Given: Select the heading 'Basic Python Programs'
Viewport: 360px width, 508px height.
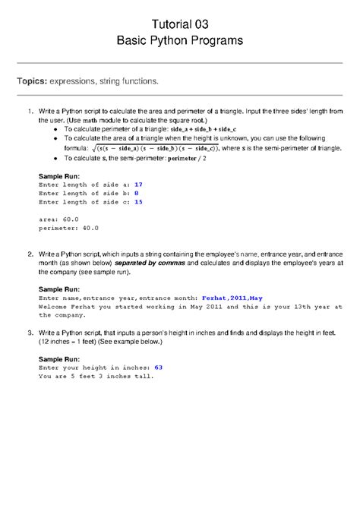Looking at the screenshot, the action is coord(180,40).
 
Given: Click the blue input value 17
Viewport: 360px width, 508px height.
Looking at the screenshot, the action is coord(138,185).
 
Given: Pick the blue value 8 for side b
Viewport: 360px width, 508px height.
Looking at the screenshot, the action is coord(136,194).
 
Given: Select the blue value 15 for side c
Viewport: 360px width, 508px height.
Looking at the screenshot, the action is coord(138,203).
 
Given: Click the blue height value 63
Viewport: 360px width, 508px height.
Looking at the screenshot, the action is coord(159,368).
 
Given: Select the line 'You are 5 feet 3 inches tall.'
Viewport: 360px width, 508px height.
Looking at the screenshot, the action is coord(96,377).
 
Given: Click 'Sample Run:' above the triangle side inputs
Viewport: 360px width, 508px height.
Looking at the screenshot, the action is coord(58,175).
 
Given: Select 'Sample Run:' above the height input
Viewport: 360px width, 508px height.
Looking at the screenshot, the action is coord(58,358).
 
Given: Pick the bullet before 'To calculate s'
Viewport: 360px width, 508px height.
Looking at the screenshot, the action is coord(56,159).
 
